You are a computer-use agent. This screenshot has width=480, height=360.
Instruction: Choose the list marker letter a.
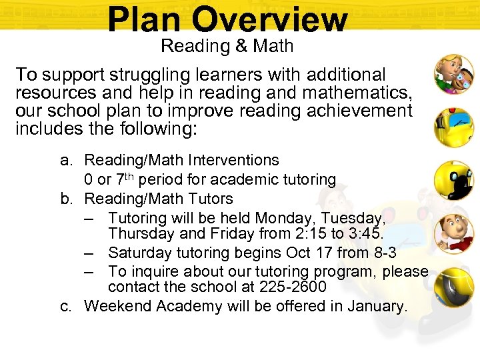click(65, 160)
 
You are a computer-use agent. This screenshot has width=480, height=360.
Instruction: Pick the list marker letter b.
click(65, 199)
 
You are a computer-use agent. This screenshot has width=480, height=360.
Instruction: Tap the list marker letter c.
click(65, 306)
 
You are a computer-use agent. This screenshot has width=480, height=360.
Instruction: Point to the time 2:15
click(292, 234)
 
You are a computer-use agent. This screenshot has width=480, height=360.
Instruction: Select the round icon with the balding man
click(454, 233)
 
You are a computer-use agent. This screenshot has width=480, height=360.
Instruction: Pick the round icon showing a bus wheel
click(454, 287)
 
